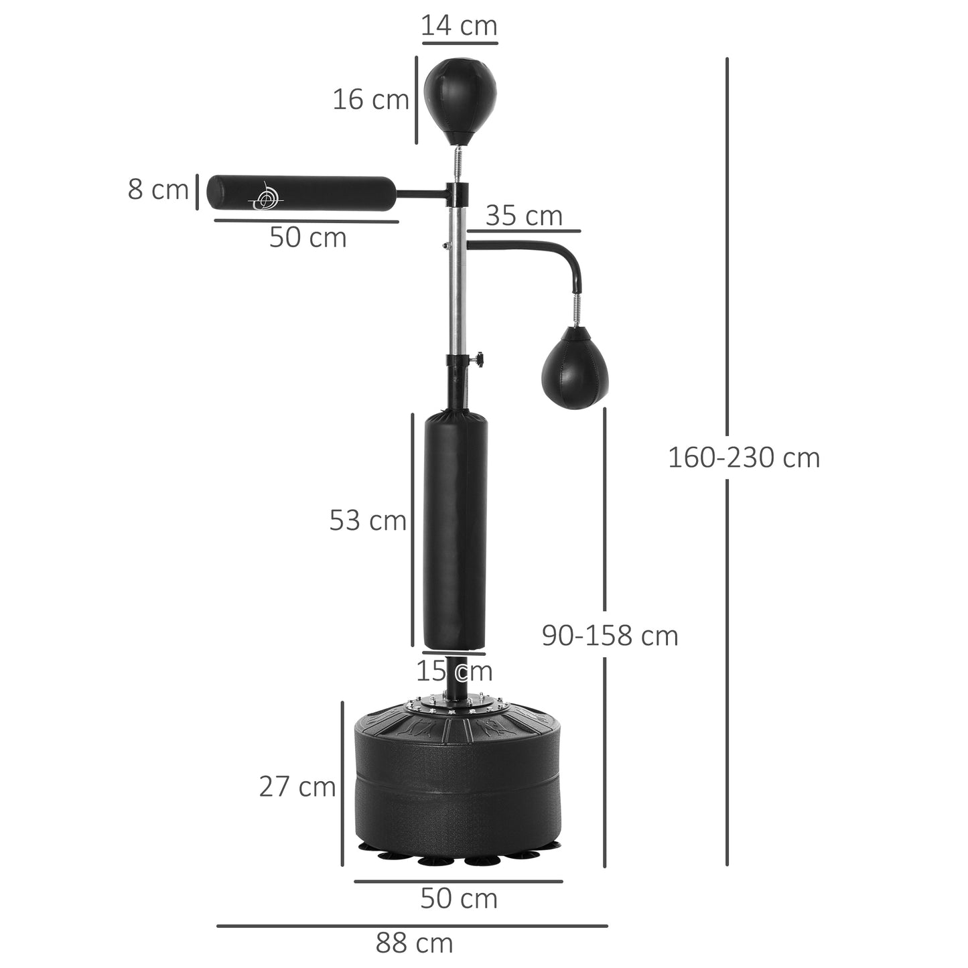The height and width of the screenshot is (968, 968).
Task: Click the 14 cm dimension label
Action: click(460, 26)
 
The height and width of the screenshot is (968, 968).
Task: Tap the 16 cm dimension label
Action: click(370, 100)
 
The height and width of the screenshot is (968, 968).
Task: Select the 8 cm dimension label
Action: click(158, 190)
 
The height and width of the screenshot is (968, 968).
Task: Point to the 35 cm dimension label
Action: click(524, 216)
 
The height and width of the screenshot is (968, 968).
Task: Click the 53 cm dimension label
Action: click(368, 521)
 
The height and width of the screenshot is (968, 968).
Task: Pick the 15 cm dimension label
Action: click(454, 671)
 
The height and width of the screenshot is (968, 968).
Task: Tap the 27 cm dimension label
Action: click(297, 786)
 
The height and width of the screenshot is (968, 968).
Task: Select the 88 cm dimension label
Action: click(414, 943)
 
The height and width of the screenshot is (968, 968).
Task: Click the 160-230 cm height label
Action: click(744, 458)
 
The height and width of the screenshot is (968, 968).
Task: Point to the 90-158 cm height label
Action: click(610, 636)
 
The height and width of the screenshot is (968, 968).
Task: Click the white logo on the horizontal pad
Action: click(265, 196)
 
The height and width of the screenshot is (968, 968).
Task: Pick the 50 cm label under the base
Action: click(459, 899)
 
